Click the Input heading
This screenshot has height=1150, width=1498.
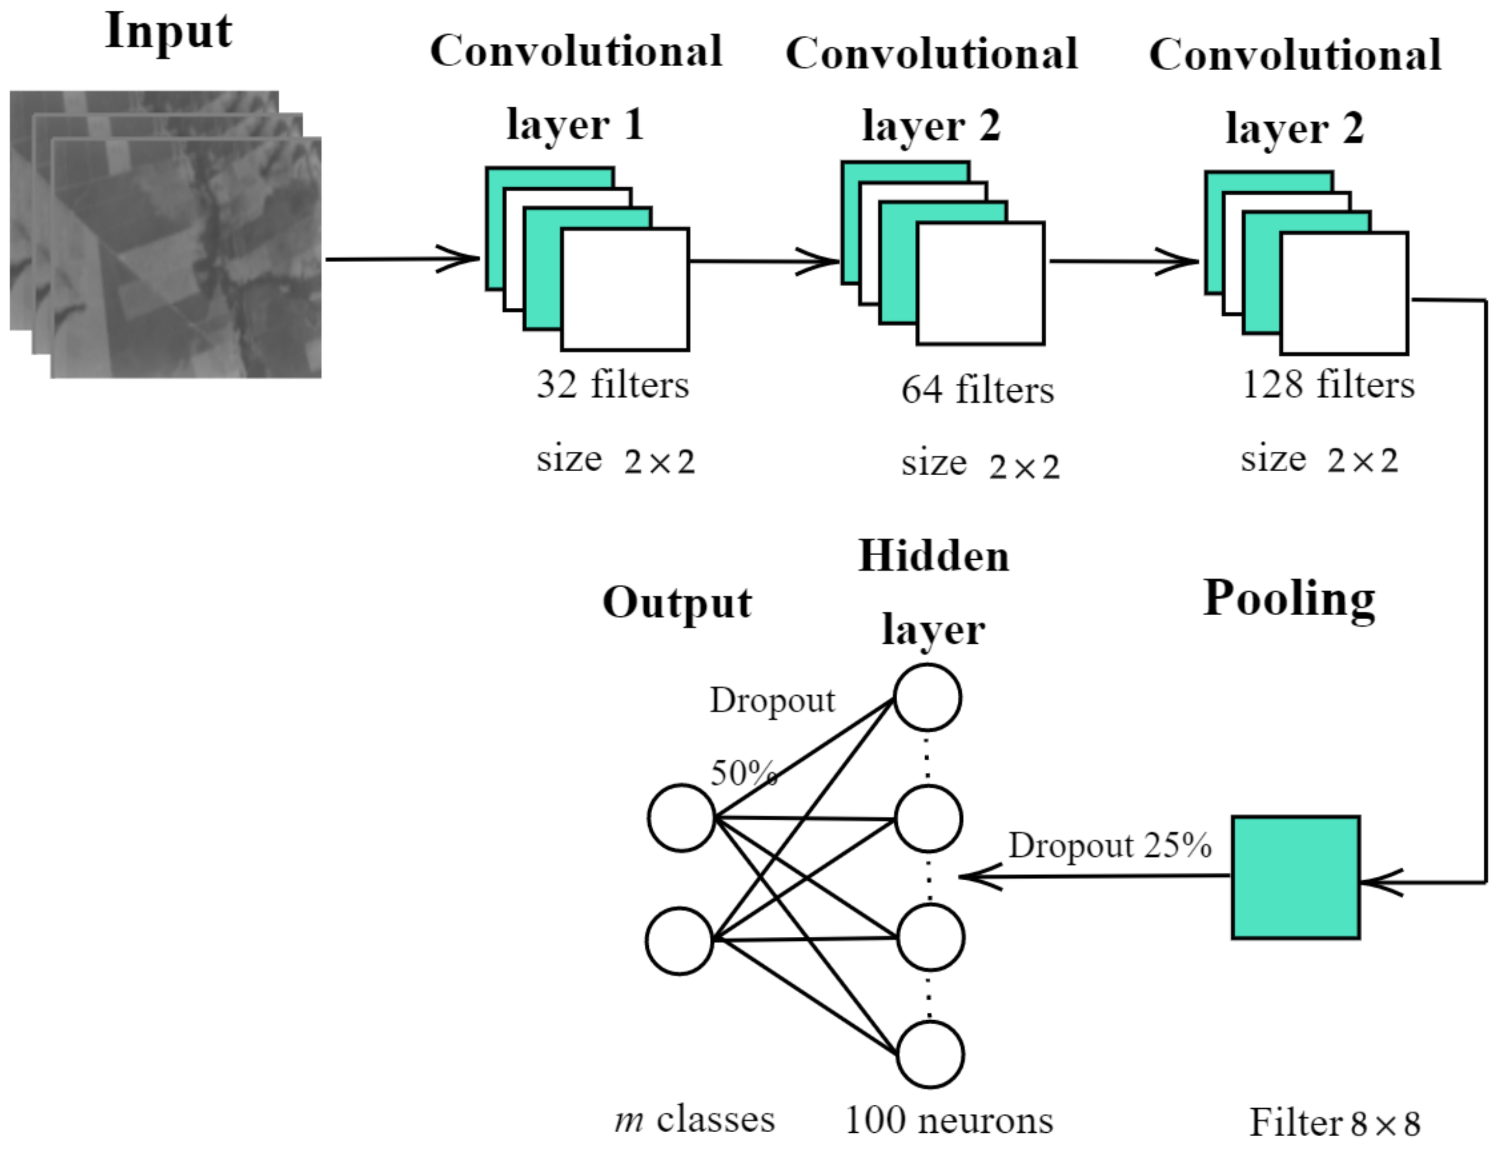[x=169, y=32]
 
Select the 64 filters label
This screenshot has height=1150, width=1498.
[x=978, y=390]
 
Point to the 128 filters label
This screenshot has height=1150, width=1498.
[x=1327, y=385]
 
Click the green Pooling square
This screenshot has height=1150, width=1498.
[x=1295, y=877]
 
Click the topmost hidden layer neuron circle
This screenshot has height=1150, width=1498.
[x=927, y=698]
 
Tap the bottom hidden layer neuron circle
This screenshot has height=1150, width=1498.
[x=930, y=1054]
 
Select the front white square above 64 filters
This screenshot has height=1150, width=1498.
[x=980, y=283]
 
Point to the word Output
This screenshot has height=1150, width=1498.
[x=677, y=603]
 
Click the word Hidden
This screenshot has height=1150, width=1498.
[x=934, y=556]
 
